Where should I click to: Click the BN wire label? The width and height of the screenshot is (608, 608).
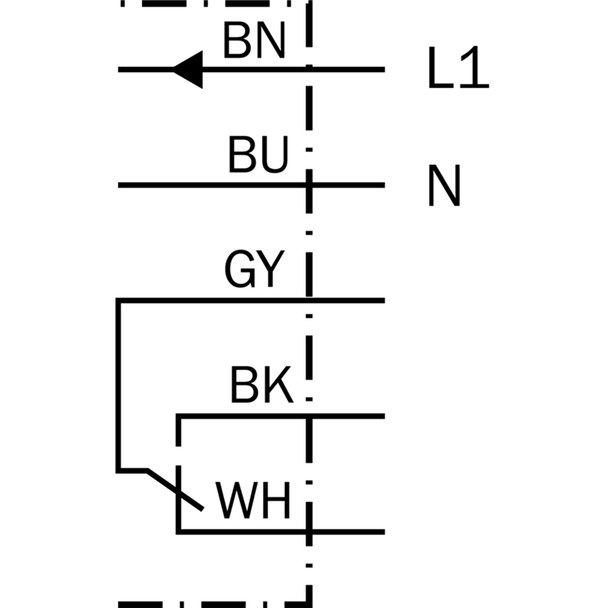[254, 42]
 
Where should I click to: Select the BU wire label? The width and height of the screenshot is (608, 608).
[258, 157]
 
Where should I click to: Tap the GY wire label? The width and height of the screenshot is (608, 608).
[254, 270]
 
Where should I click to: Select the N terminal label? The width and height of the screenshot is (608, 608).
[444, 186]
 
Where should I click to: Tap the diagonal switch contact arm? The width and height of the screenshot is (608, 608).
[176, 489]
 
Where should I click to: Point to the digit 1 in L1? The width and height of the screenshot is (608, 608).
[474, 71]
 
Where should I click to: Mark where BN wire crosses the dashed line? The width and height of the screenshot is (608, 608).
[309, 70]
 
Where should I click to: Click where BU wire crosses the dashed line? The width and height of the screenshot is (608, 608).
[309, 185]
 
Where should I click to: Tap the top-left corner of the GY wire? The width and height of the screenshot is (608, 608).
[119, 300]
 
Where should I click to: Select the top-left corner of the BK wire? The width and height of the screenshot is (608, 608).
[179, 416]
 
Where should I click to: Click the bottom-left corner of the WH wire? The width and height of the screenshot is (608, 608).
[179, 531]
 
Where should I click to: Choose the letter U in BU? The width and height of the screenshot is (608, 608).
[274, 157]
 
